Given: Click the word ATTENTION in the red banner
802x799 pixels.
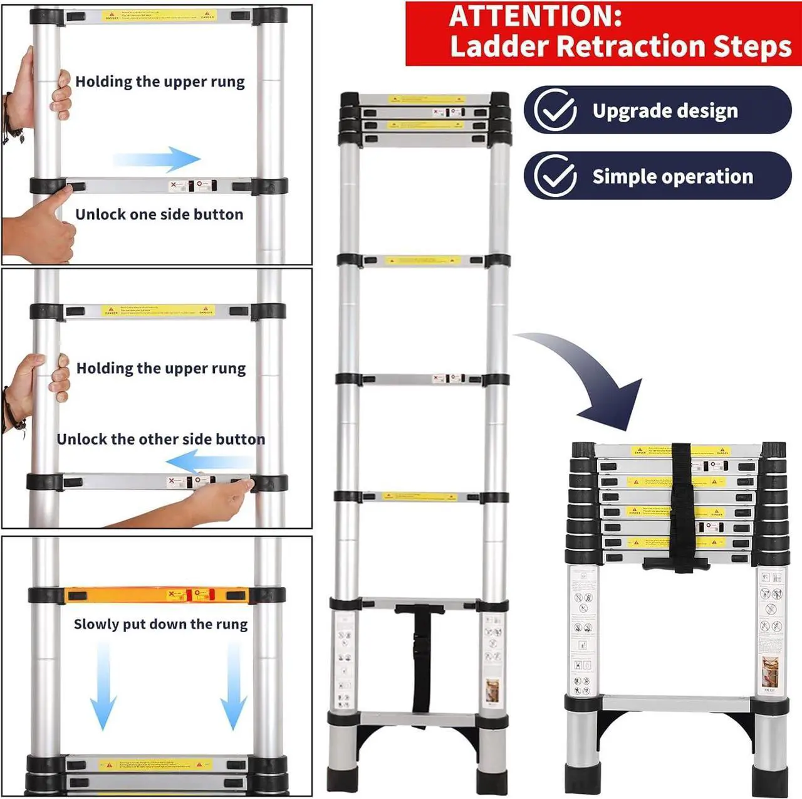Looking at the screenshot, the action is coord(535,16).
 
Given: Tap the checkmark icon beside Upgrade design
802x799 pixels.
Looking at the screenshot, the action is coord(555,110).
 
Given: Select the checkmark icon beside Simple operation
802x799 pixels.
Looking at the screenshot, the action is coord(555,176).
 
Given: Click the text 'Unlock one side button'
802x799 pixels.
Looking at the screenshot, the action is coord(159,214).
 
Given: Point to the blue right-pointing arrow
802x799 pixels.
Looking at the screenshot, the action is coord(158,159).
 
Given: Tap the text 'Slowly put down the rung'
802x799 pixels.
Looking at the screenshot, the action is coord(160,624).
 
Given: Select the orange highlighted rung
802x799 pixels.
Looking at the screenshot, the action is coord(157,595).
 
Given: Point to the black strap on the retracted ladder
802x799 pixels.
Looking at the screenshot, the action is coord(680,508).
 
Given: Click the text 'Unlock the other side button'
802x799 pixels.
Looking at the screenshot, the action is coord(160,439).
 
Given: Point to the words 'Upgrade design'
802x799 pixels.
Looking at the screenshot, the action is coord(665,111).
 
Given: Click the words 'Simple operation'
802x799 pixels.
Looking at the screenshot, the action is coord(672,177).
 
